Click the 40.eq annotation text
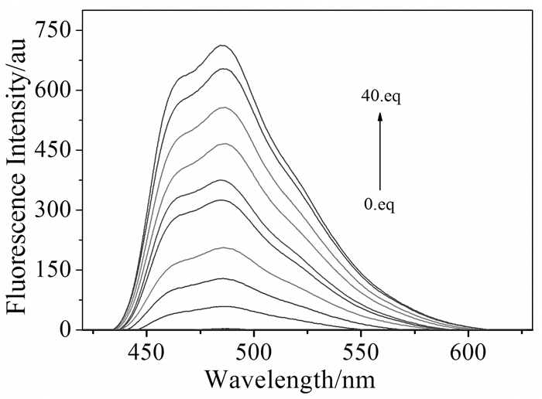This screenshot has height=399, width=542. click(379, 97)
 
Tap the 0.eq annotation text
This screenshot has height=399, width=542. click(379, 206)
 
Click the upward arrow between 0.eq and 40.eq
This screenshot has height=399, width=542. click(380, 151)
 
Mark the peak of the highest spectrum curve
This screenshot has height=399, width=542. click(223, 46)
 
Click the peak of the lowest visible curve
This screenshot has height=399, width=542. click(223, 306)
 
